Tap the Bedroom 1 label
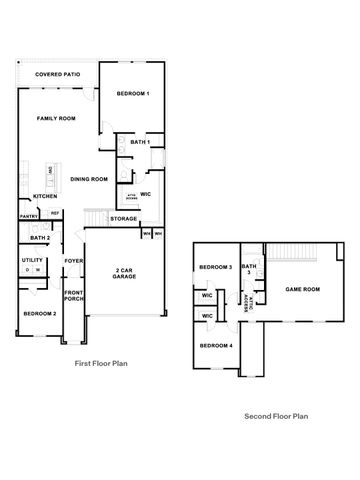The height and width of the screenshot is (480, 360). pyautogui.click(x=133, y=94)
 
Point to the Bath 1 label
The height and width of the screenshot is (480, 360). pyautogui.click(x=140, y=143)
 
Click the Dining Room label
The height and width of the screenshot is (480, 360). pyautogui.click(x=89, y=179)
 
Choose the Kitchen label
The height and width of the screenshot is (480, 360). pyautogui.click(x=44, y=196)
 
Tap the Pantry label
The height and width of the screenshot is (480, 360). pyautogui.click(x=29, y=214)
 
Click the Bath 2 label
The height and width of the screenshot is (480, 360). pyautogui.click(x=40, y=238)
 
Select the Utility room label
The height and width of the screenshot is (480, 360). pyautogui.click(x=32, y=260)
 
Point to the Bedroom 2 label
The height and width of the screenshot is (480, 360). pyautogui.click(x=40, y=314)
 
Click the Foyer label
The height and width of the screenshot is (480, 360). pyautogui.click(x=74, y=261)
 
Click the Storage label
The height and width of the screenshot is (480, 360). pyautogui.click(x=123, y=218)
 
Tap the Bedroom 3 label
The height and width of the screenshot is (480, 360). pyautogui.click(x=215, y=267)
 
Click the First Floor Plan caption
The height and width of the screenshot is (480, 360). pyautogui.click(x=102, y=365)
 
